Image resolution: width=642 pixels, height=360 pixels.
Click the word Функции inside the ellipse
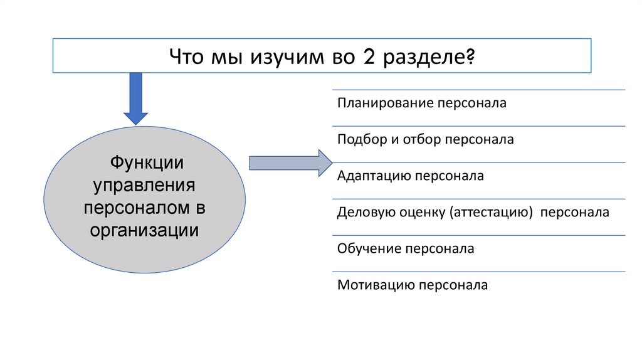click(147, 163)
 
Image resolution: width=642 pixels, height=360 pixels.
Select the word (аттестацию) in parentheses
click(491, 212)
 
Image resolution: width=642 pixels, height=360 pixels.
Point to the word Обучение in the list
click(366, 249)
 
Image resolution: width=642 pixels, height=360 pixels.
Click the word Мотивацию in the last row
click(371, 285)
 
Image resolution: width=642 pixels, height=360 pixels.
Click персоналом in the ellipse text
click(139, 208)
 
